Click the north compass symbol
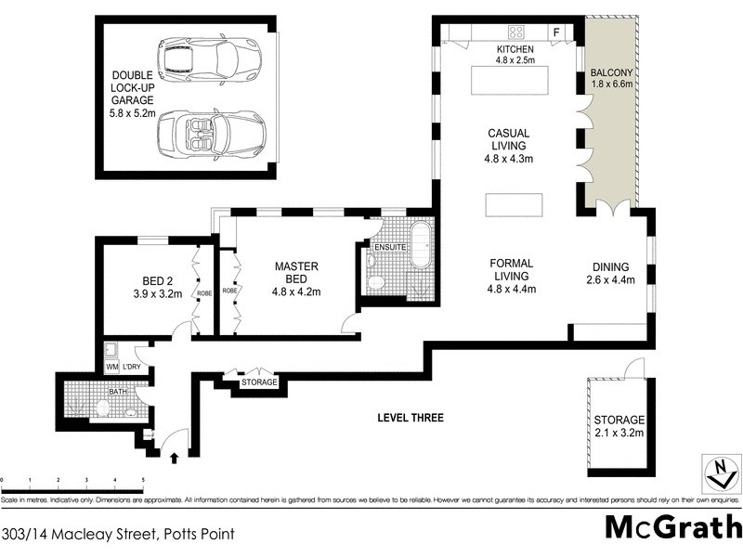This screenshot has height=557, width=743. pyautogui.click(x=716, y=472)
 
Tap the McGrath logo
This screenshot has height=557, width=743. pyautogui.click(x=673, y=526)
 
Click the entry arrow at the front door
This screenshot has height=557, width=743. pyautogui.click(x=176, y=456)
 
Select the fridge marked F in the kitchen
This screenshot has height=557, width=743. pyautogui.click(x=557, y=32)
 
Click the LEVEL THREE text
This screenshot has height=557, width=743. pyautogui.click(x=410, y=418)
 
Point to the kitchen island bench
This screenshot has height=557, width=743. pyautogui.click(x=512, y=83)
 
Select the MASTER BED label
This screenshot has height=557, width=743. pyautogui.click(x=296, y=273)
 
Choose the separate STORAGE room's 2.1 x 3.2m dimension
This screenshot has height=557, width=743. pyautogui.click(x=619, y=434)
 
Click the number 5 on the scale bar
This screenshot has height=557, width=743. pyautogui.click(x=143, y=480)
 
